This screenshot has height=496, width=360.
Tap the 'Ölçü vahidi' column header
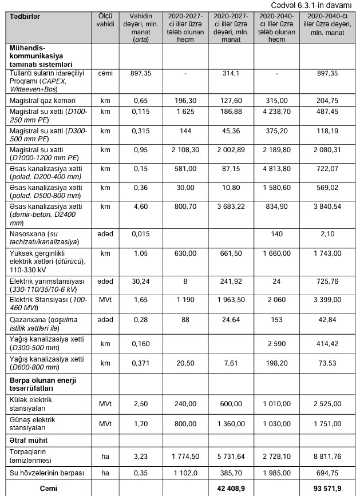click(105, 21)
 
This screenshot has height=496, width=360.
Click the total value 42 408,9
click(231, 489)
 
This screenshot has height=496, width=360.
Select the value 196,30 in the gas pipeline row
click(185, 100)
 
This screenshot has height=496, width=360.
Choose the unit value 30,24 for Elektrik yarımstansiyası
click(141, 282)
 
